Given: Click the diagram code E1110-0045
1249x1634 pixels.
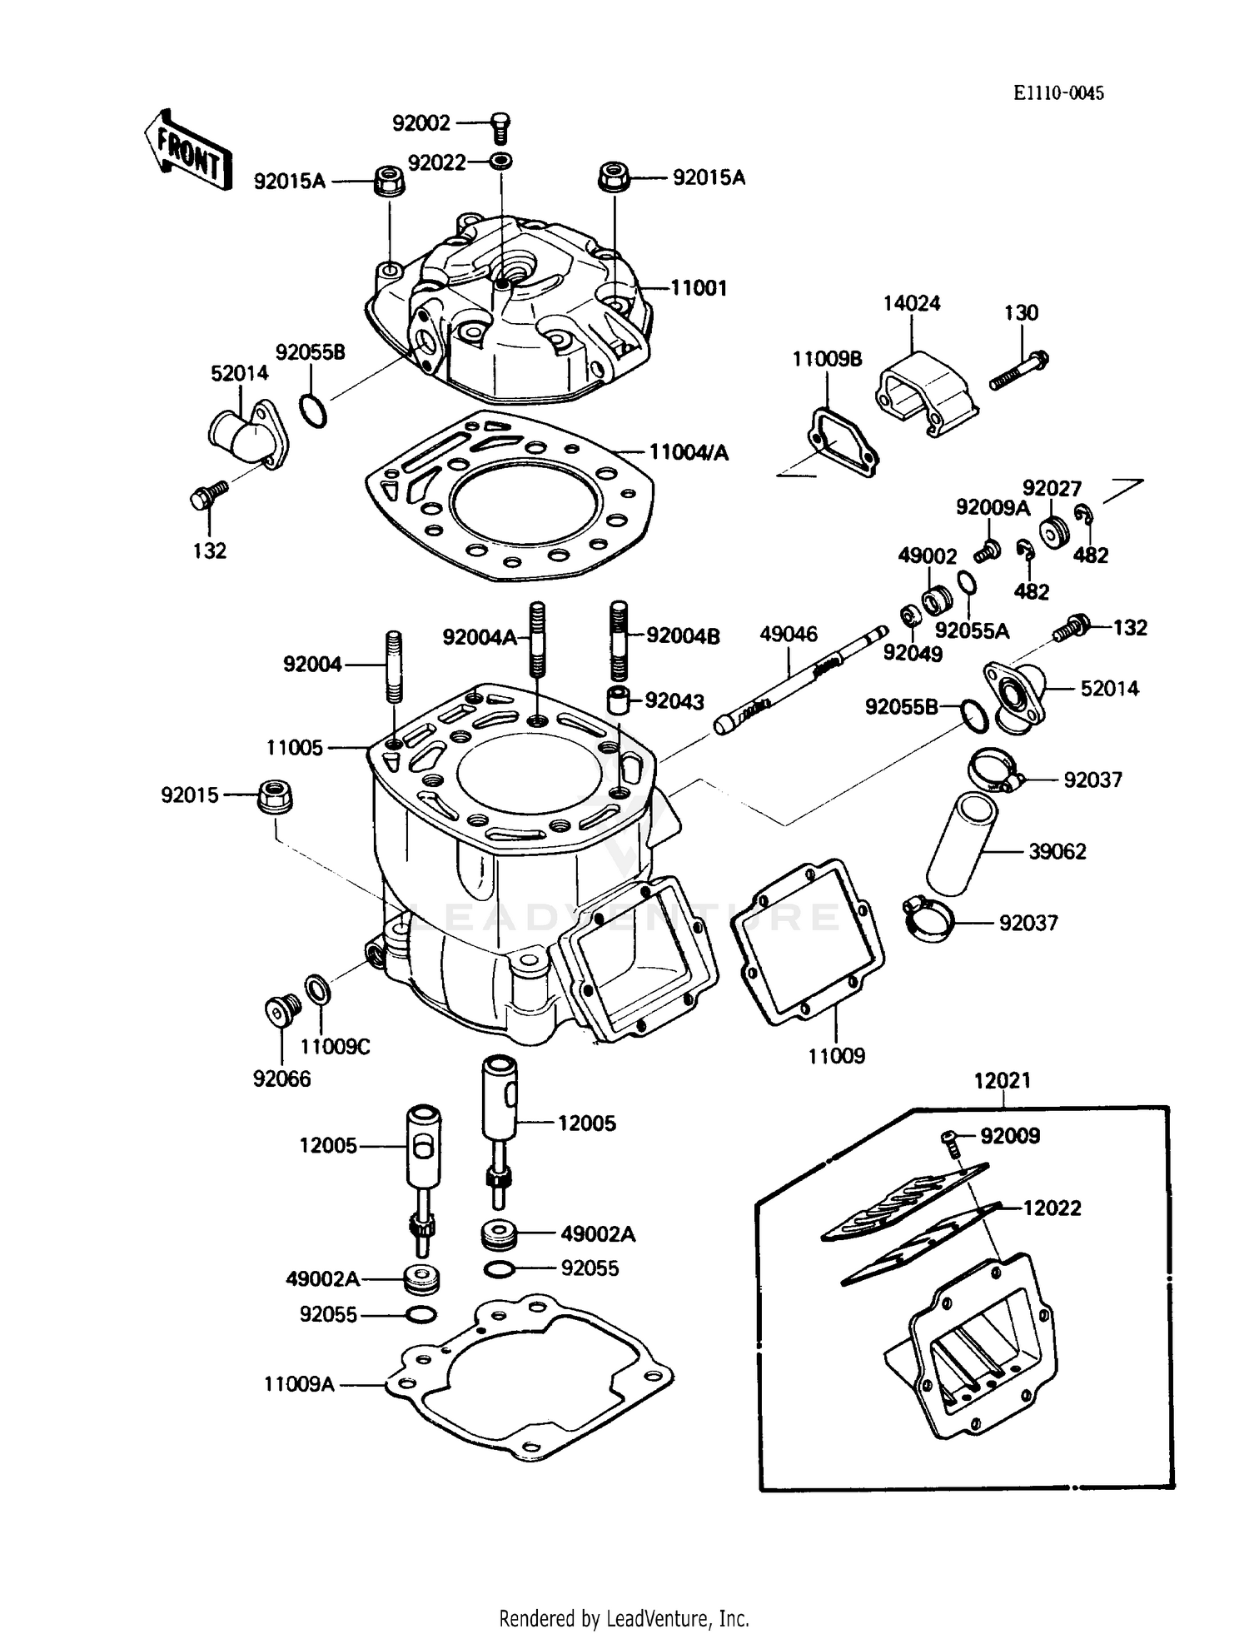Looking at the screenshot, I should [1058, 93].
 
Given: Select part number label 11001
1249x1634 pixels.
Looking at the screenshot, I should [699, 288].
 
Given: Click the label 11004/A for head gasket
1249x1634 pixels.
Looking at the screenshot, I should [689, 452].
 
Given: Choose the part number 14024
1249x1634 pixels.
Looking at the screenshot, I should [912, 303].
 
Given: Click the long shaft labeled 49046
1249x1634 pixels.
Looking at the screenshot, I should [799, 679].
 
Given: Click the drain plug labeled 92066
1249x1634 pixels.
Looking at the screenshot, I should [277, 1011].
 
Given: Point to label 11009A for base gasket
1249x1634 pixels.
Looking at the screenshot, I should [299, 1384].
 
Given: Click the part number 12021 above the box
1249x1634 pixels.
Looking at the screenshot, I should [1003, 1080].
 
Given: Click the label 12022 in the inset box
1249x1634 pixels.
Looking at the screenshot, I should [1052, 1208].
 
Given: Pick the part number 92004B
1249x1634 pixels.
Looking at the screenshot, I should [683, 636].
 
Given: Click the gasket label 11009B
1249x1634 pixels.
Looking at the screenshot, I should [827, 359].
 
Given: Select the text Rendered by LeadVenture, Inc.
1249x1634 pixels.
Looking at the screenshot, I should [624, 1618].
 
